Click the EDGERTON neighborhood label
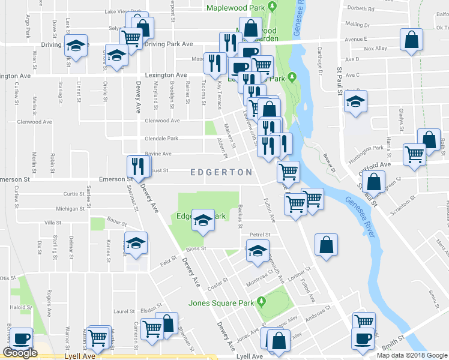(x=221, y=172)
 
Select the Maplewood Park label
(x=235, y=8)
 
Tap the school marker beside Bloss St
(x=136, y=243)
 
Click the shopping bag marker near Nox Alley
(x=412, y=41)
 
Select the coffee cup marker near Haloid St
(x=22, y=338)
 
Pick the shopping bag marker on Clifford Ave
(x=374, y=181)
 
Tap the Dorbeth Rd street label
(x=362, y=9)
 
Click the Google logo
(x=20, y=353)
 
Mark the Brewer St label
(x=329, y=164)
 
